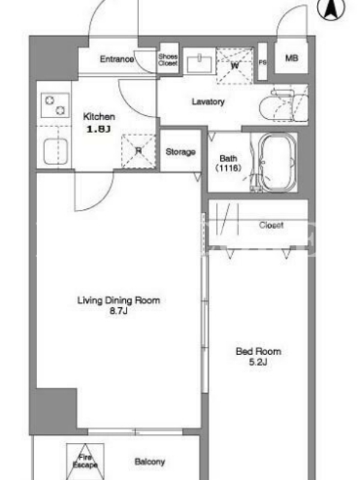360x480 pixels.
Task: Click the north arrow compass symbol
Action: click(x=331, y=8)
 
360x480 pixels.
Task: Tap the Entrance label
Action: click(x=117, y=59)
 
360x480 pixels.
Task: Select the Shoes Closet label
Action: click(x=168, y=59)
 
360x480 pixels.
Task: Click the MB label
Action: click(x=292, y=58)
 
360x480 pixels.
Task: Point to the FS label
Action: click(x=262, y=62)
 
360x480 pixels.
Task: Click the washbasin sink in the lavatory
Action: click(x=199, y=64)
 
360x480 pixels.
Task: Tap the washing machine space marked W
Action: click(x=235, y=65)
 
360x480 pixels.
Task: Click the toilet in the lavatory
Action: click(x=283, y=105)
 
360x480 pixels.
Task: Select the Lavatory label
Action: click(x=208, y=101)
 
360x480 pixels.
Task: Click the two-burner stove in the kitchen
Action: click(x=55, y=106)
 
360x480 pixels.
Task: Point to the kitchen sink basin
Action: click(x=55, y=151)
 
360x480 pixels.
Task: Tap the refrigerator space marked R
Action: click(x=139, y=151)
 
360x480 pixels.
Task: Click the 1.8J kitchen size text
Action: click(x=98, y=129)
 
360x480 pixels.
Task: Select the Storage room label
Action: click(x=181, y=152)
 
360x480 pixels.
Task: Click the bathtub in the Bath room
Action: click(x=277, y=162)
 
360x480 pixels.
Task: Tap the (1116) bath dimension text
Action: click(x=229, y=168)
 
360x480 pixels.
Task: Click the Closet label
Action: click(x=271, y=225)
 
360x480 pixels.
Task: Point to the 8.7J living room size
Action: click(x=118, y=311)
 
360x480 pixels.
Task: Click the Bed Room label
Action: click(x=259, y=351)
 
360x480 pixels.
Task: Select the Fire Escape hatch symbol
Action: click(x=85, y=461)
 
